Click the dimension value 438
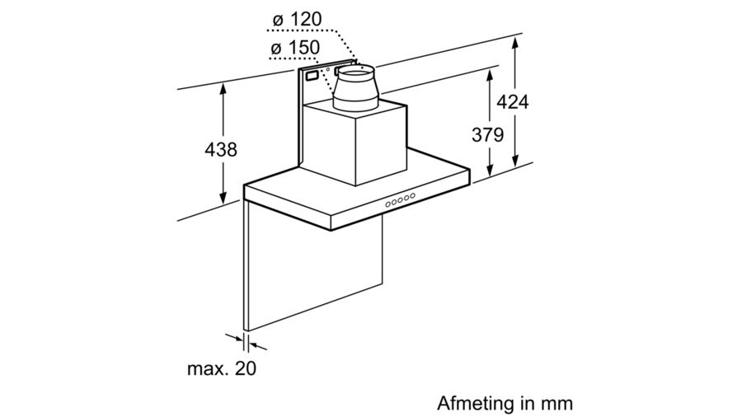220,150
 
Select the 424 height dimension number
511,101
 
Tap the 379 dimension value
487,135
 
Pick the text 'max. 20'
220,368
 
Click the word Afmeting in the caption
472,404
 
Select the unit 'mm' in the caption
556,404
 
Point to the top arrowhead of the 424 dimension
516,41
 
